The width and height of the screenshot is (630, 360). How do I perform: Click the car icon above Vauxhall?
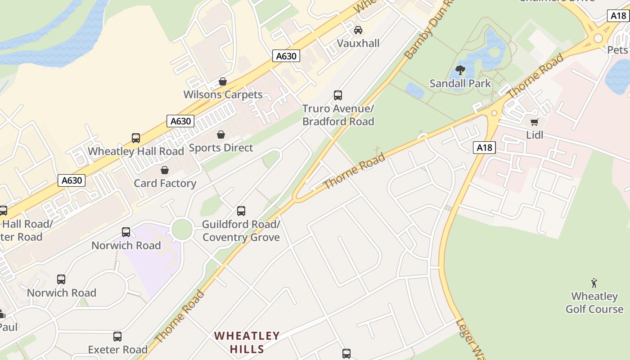[x=358, y=30]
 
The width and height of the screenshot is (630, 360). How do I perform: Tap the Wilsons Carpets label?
[x=223, y=94]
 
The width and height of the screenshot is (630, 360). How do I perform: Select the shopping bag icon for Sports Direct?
[x=221, y=135]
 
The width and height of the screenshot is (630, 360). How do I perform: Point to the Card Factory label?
[x=165, y=183]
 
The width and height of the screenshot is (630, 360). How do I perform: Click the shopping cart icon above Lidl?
[x=535, y=122]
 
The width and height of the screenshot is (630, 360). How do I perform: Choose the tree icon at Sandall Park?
[x=460, y=70]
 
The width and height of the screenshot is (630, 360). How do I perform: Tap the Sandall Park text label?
[x=460, y=83]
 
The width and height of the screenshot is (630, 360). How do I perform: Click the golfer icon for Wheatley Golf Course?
[x=594, y=283]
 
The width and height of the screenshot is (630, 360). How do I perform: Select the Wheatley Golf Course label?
[x=594, y=302]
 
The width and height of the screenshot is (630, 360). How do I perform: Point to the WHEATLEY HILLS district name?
[x=247, y=342]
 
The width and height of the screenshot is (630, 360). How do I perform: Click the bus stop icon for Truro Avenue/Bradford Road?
[x=338, y=95]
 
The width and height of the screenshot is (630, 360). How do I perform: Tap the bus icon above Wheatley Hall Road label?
[x=136, y=138]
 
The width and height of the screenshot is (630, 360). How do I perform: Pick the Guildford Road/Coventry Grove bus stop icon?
[x=241, y=211]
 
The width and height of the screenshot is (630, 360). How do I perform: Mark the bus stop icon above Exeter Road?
[x=117, y=337]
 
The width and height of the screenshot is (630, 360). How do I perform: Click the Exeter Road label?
[x=118, y=350]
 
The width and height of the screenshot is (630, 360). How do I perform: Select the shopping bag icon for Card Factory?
[x=165, y=170]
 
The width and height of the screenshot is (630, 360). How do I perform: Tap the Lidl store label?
[x=535, y=135]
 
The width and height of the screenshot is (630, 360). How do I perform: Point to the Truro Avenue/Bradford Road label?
[x=338, y=115]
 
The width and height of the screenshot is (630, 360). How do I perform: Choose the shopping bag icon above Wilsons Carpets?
[x=223, y=81]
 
